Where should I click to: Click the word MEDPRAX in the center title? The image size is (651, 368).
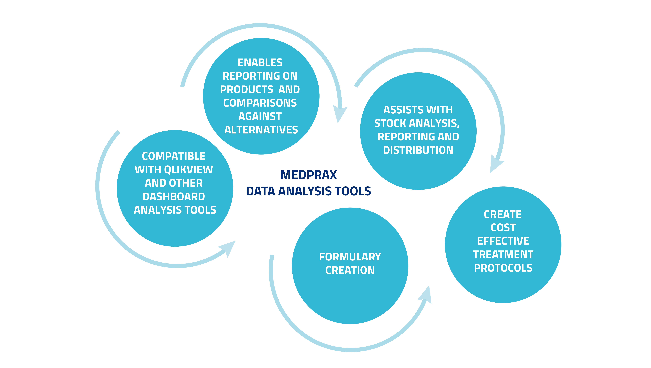point(309,175)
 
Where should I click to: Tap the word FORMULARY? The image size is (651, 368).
point(350,257)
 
